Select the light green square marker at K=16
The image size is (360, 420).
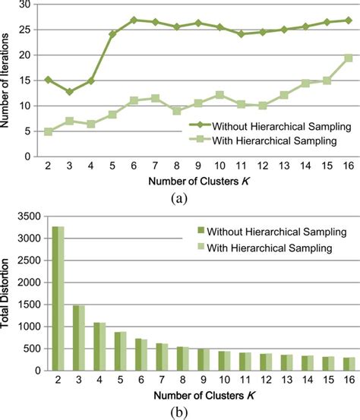[349, 58]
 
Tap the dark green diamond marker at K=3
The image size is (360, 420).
[69, 91]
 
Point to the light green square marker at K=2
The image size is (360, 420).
[48, 131]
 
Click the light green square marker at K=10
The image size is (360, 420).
[219, 95]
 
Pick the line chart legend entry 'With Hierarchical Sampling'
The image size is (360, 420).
[270, 141]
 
